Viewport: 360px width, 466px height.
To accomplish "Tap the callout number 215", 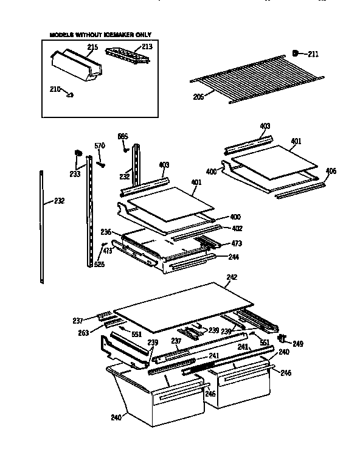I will [x=92, y=47].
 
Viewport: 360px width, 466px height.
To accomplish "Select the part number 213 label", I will [x=147, y=47].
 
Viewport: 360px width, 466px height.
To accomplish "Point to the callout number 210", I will [x=55, y=89].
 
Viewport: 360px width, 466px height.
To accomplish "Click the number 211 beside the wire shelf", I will [x=313, y=55].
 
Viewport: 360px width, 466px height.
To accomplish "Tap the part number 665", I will [x=123, y=136].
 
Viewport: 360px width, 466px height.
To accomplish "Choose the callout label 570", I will [x=100, y=145].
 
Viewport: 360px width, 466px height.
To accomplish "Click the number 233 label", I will [x=74, y=173].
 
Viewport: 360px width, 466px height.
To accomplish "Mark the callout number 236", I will [x=106, y=232].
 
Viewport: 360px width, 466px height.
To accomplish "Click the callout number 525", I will [x=99, y=265].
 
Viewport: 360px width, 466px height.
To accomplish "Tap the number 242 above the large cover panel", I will [x=232, y=277].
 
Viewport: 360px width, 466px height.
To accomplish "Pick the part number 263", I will [x=84, y=333].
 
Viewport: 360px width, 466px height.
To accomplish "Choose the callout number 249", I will [x=297, y=344].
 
